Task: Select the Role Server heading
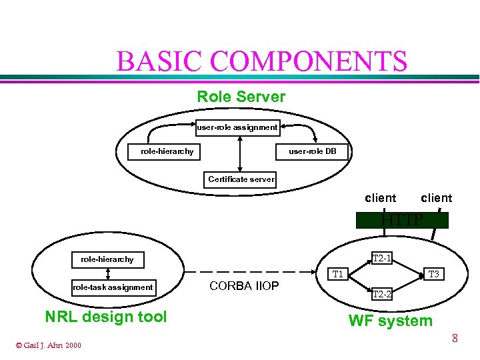(x=241, y=97)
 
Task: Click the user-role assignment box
(x=237, y=127)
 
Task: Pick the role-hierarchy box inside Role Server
(x=167, y=151)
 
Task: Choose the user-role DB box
(x=312, y=151)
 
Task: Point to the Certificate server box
(x=241, y=179)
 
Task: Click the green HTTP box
(x=402, y=220)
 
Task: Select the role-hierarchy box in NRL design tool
(x=107, y=259)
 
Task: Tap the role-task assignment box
(x=113, y=287)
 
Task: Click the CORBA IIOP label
(x=244, y=286)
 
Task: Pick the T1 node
(x=338, y=274)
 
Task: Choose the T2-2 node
(x=381, y=293)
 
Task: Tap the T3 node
(x=433, y=274)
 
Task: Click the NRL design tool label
(x=105, y=317)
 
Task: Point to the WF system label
(x=390, y=321)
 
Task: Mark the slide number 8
(x=455, y=339)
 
